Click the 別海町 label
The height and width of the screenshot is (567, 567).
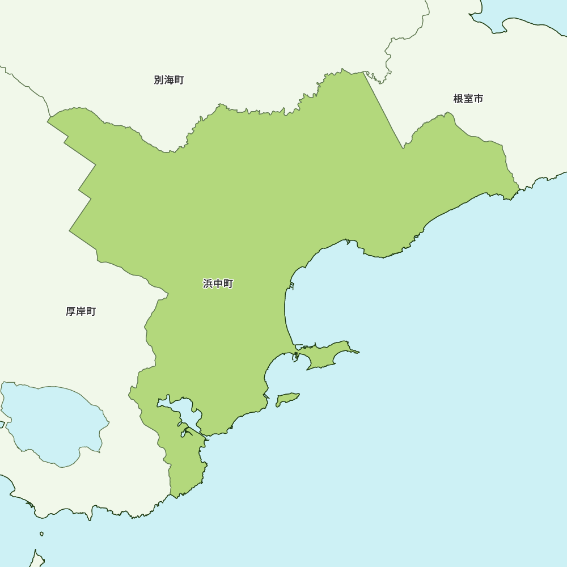[x=169, y=81]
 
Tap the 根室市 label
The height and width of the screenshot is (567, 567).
[x=468, y=99]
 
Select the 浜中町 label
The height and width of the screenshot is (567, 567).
[x=218, y=284]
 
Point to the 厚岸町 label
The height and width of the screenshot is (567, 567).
[x=81, y=312]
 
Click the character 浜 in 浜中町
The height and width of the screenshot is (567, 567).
[x=208, y=284]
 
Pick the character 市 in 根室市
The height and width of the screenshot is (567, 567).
[x=479, y=99]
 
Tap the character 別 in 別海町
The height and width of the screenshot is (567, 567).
[x=159, y=81]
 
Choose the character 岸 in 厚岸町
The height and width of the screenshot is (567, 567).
[x=81, y=312]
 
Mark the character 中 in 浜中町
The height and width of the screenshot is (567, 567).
[x=218, y=284]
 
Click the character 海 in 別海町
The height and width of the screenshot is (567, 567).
[x=169, y=81]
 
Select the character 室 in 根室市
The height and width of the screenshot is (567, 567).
[x=468, y=99]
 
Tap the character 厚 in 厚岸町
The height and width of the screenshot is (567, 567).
[x=71, y=312]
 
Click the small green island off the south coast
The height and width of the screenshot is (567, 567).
[x=287, y=399]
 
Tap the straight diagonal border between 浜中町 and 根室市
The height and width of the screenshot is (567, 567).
[x=383, y=111]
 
